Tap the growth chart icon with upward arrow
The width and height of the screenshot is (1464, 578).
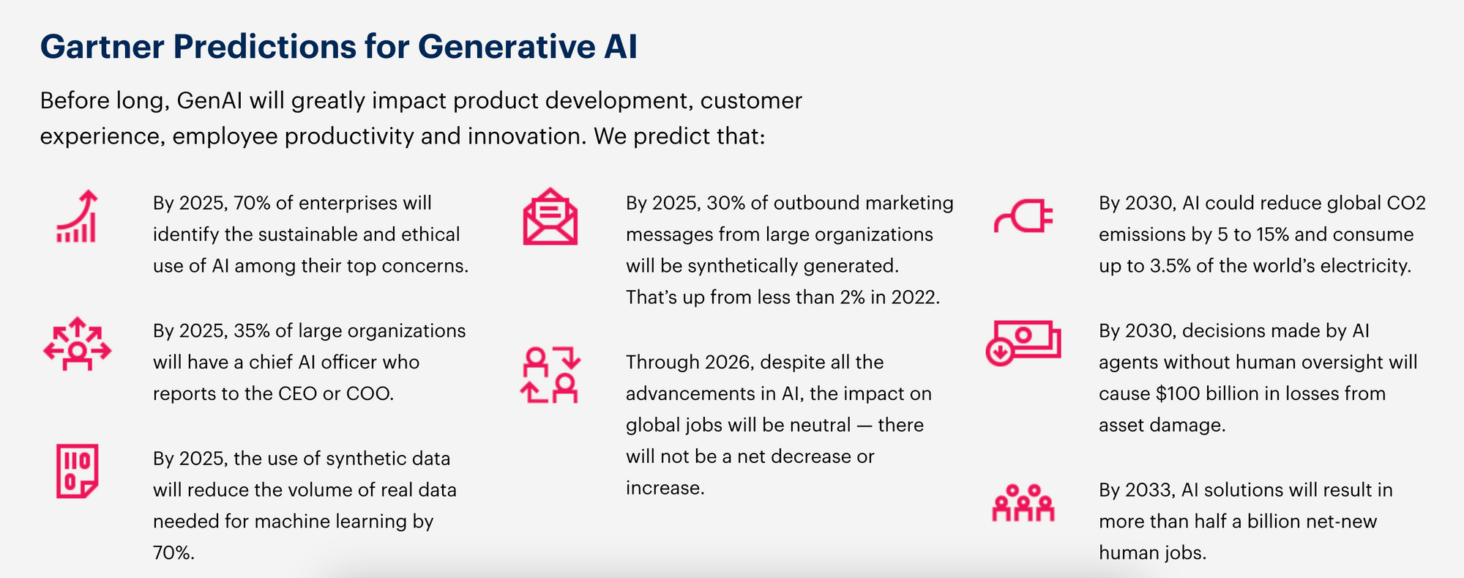pos(77,216)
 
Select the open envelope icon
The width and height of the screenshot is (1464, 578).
pos(550,217)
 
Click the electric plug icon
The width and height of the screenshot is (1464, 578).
pos(1023,217)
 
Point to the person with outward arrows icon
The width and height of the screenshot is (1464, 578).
pos(77,344)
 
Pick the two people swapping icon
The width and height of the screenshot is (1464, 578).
pos(550,374)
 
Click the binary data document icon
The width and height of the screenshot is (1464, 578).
pos(77,471)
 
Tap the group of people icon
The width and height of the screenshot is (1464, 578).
pos(1023,503)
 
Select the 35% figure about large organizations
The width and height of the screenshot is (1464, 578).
pos(252,331)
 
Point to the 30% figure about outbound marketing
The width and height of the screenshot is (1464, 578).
pos(725,203)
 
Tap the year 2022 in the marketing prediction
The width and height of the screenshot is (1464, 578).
pos(915,297)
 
